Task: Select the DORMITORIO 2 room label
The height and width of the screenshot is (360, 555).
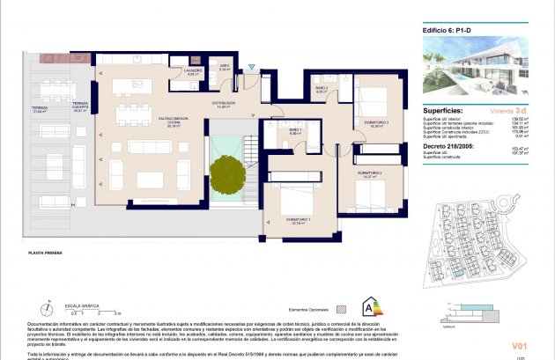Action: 370,174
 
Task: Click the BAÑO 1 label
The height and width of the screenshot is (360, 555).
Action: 295,130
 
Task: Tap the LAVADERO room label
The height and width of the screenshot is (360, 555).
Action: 193,70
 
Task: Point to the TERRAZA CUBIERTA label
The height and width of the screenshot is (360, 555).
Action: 82,107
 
